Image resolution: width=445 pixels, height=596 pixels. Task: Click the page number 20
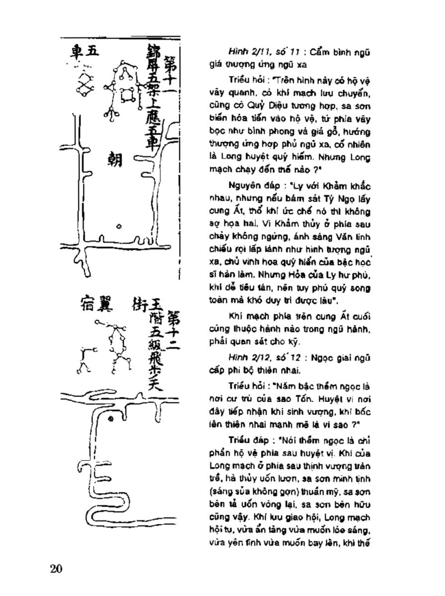click(x=56, y=569)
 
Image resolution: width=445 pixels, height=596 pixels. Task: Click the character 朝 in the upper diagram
click(x=115, y=161)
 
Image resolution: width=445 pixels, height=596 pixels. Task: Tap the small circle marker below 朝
click(x=119, y=226)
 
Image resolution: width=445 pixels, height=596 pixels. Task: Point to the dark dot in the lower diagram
click(x=112, y=420)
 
